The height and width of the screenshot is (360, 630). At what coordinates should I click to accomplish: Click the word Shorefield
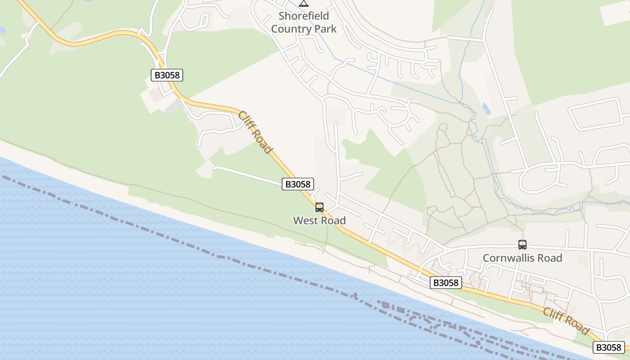[304, 16]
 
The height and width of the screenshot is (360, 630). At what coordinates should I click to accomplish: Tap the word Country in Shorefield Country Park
[291, 29]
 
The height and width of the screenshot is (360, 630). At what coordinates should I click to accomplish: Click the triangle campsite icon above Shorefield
[304, 4]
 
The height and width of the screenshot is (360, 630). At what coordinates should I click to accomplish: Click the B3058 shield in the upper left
[167, 75]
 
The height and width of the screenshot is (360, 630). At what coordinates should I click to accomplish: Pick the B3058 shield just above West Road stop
[298, 184]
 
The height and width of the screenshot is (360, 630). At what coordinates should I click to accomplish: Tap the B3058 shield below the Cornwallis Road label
[446, 283]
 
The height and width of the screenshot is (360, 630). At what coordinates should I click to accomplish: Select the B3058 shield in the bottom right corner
[609, 347]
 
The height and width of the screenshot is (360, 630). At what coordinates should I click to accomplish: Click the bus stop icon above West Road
[319, 207]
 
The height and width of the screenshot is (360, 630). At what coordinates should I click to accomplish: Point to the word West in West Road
[306, 220]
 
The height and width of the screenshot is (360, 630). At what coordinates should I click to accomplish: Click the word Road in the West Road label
[333, 220]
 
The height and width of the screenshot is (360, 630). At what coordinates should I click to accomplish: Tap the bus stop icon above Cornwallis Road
[522, 245]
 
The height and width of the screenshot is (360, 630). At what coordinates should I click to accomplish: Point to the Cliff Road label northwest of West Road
[255, 132]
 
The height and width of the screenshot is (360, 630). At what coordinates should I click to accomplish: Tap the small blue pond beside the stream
[486, 108]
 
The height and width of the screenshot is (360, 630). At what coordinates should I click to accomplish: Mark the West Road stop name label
[319, 220]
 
